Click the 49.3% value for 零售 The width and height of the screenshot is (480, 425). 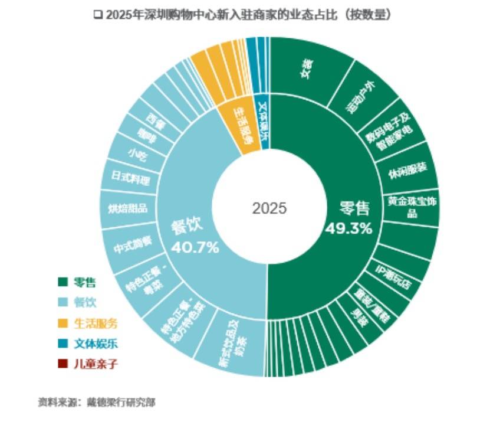pyautogui.click(x=349, y=227)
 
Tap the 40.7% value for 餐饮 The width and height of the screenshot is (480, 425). pyautogui.click(x=195, y=246)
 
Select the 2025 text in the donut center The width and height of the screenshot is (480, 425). pyautogui.click(x=269, y=209)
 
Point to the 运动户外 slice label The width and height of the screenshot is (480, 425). pyautogui.click(x=363, y=97)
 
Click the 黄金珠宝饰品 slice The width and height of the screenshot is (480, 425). pyautogui.click(x=412, y=207)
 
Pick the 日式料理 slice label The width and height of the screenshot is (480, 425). pyautogui.click(x=130, y=178)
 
